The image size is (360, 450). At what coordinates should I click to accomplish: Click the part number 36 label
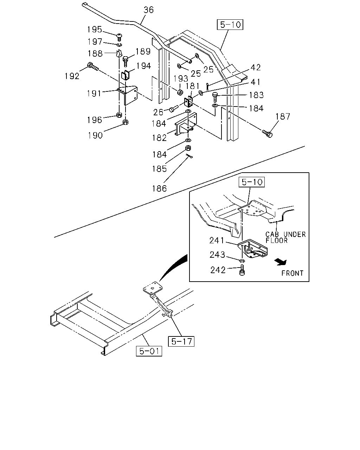pyautogui.click(x=148, y=10)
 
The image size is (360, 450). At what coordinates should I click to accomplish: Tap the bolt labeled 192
pyautogui.click(x=93, y=66)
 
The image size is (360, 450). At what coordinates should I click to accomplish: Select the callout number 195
pyautogui.click(x=95, y=30)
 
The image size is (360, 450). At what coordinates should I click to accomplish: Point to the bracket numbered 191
pyautogui.click(x=127, y=95)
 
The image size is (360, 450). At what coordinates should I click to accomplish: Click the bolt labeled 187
pyautogui.click(x=267, y=133)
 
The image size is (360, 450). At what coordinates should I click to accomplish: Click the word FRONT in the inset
pyautogui.click(x=292, y=273)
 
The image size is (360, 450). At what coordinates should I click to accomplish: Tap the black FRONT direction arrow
pyautogui.click(x=281, y=262)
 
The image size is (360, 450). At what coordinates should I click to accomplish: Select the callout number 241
pyautogui.click(x=217, y=240)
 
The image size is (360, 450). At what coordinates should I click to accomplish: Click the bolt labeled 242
pyautogui.click(x=242, y=270)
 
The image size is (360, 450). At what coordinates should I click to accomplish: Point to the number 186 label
pyautogui.click(x=159, y=189)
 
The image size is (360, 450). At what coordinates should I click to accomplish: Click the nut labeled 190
pyautogui.click(x=125, y=122)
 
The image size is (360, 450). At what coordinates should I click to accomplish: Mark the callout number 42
pyautogui.click(x=256, y=67)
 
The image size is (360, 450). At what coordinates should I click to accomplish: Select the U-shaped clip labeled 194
pyautogui.click(x=125, y=75)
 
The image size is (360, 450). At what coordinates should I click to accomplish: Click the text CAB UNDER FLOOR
pyautogui.click(x=285, y=237)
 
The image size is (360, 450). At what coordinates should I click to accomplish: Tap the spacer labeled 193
pyautogui.click(x=180, y=92)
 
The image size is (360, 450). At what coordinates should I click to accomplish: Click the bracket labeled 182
pyautogui.click(x=186, y=124)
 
